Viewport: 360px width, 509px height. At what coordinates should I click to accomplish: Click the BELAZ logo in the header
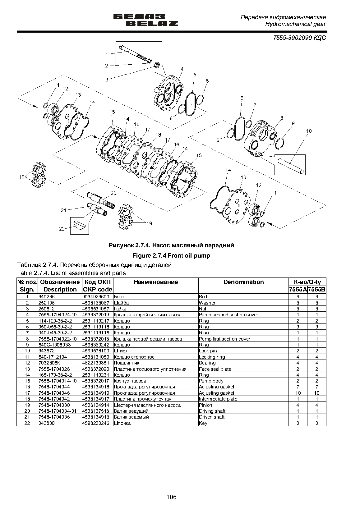[145, 21]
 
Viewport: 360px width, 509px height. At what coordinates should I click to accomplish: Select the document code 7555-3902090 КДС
[299, 38]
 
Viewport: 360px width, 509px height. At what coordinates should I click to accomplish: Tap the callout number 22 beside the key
[62, 229]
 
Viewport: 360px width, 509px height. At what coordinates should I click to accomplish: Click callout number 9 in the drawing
[293, 123]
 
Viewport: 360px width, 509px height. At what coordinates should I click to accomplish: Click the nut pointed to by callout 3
[157, 65]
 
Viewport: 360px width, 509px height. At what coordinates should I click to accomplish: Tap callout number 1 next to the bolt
[107, 54]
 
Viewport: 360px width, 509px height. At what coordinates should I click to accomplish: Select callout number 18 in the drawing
[158, 135]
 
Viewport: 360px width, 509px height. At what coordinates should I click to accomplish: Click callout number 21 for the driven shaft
[63, 210]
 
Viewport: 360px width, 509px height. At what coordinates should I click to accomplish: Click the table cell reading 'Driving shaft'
[212, 411]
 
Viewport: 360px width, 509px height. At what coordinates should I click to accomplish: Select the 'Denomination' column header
[243, 282]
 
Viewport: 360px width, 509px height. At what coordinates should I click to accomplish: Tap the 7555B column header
[316, 290]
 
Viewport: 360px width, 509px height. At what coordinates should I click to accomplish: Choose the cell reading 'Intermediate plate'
[218, 399]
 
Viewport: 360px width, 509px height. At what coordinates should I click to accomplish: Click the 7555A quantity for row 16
[298, 387]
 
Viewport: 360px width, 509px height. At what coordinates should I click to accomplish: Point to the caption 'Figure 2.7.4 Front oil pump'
[171, 256]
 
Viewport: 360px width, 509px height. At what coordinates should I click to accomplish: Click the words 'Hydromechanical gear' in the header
[295, 24]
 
